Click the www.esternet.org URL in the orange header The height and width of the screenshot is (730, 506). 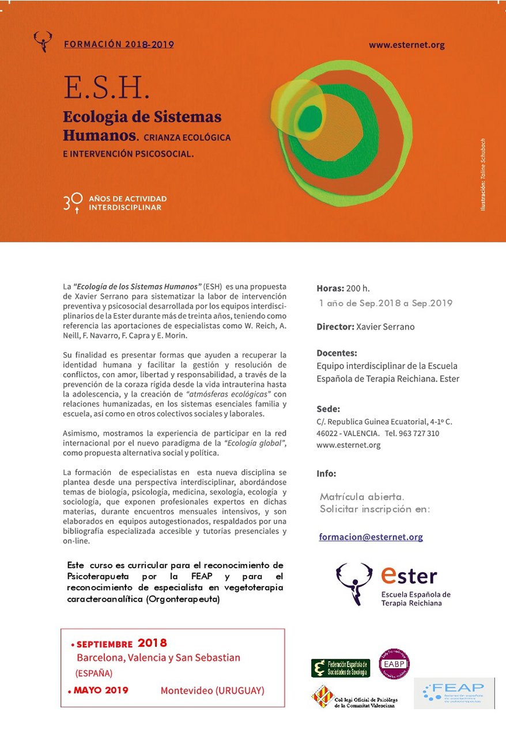(x=406, y=45)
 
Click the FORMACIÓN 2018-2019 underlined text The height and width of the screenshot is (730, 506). (x=119, y=44)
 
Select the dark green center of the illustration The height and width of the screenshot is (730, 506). (x=311, y=118)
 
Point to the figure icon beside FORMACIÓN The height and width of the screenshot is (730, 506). (x=43, y=41)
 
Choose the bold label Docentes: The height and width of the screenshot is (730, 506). (x=337, y=353)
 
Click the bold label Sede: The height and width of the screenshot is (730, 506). (x=328, y=409)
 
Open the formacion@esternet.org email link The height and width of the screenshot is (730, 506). (x=371, y=537)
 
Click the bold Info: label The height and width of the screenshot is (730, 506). (x=326, y=474)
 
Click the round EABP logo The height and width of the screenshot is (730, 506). (x=394, y=664)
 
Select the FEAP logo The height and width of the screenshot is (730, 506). (x=454, y=693)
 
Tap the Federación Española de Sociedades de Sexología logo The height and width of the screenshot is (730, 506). (x=341, y=668)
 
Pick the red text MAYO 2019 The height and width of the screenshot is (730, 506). (x=101, y=690)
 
